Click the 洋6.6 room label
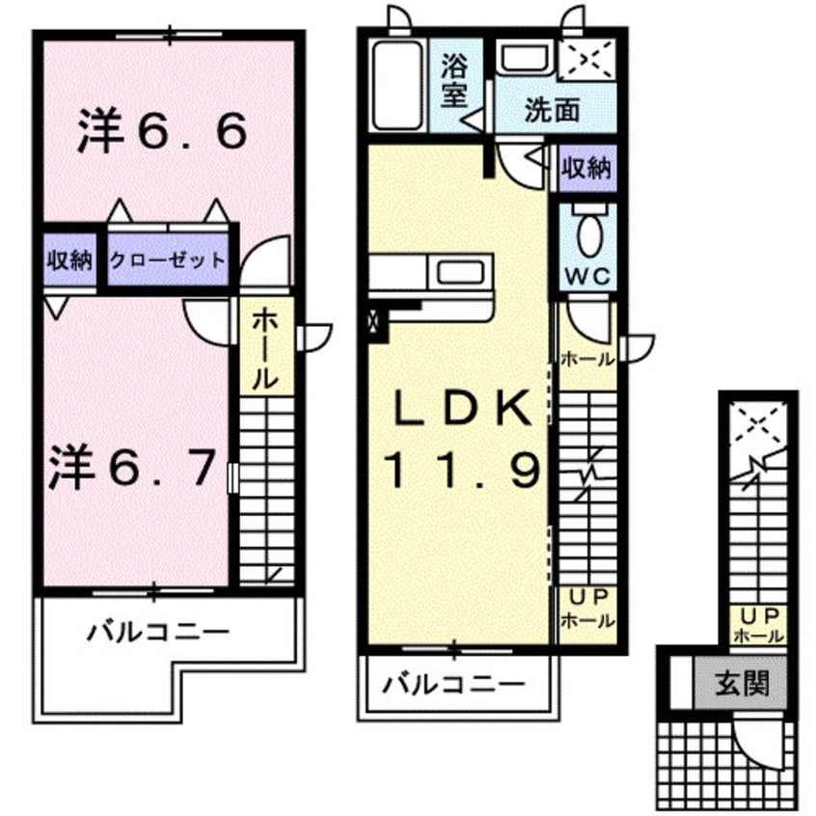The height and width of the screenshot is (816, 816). [162, 132]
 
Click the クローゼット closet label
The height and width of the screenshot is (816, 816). [168, 259]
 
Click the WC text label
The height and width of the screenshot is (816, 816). [588, 276]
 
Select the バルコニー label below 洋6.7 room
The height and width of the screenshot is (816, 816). [159, 633]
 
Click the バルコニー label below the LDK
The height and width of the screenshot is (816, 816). [453, 685]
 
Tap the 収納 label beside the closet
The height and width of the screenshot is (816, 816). [69, 259]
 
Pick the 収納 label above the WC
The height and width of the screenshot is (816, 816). [587, 169]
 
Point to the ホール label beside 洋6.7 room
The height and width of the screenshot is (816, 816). [265, 348]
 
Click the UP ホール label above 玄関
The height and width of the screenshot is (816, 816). [758, 625]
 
